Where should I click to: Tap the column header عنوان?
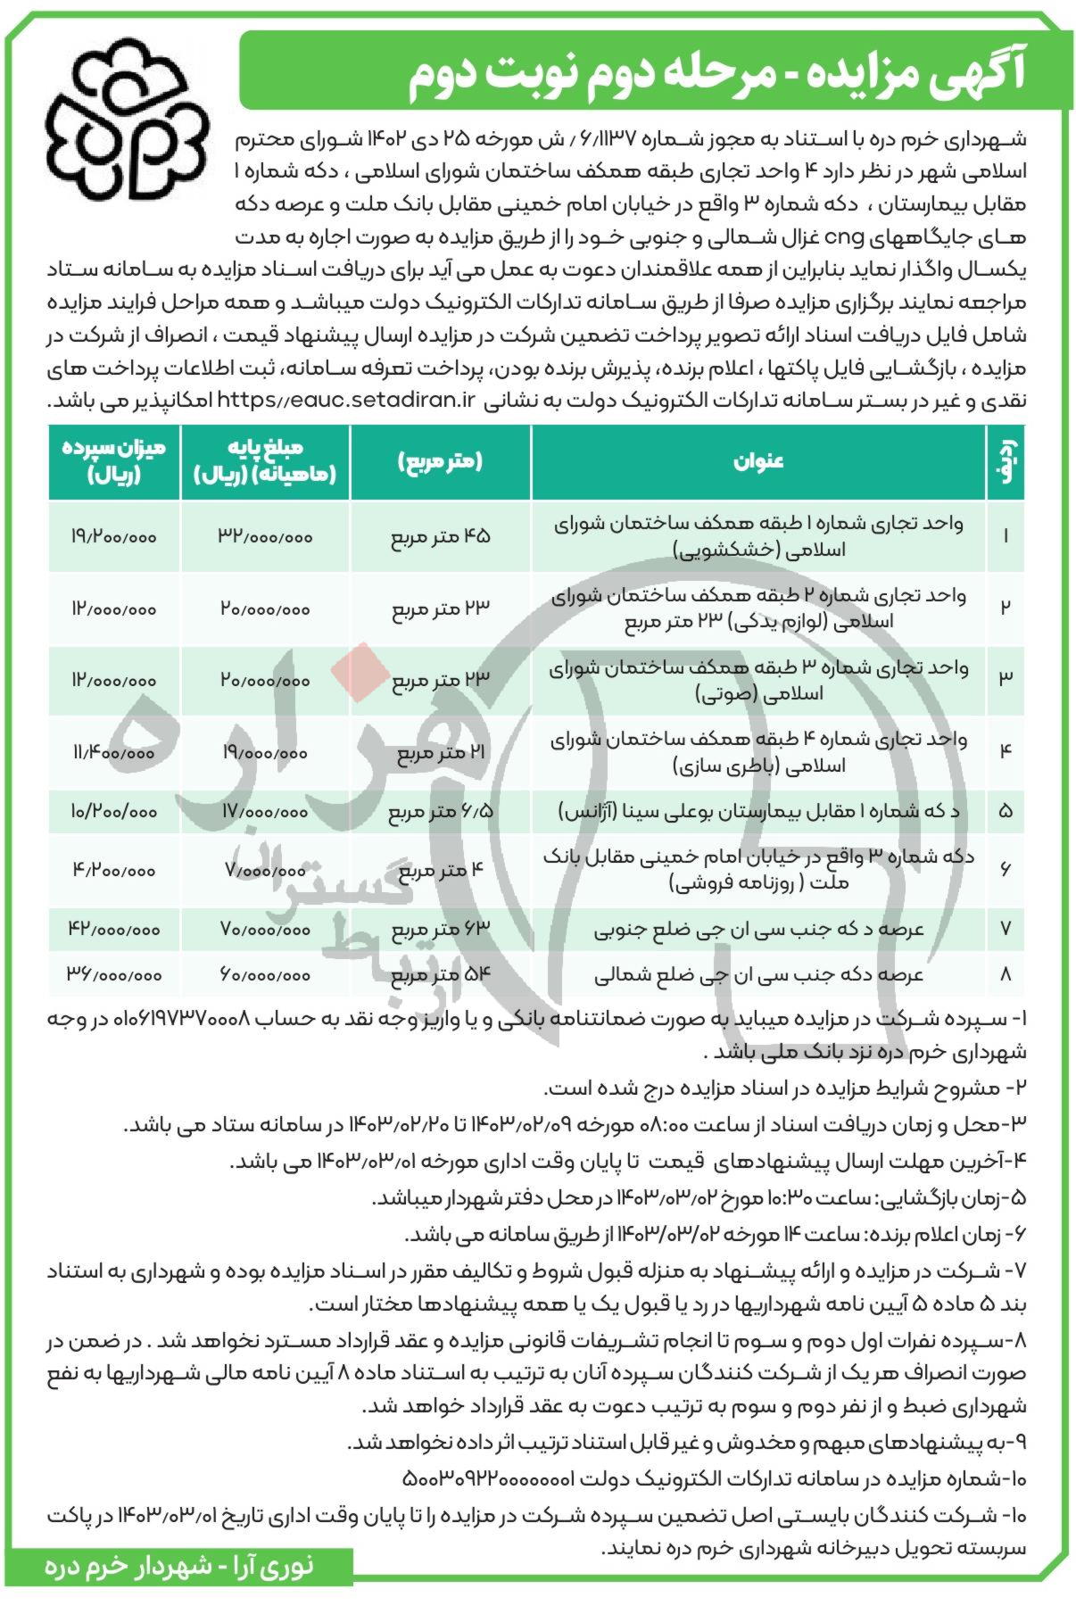[x=757, y=461]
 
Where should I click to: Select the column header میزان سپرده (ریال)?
[x=113, y=461]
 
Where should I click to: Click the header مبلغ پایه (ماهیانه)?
[x=265, y=461]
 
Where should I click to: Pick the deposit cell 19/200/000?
[x=113, y=536]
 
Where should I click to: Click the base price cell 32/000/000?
[x=265, y=536]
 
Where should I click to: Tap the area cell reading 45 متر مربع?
[x=441, y=536]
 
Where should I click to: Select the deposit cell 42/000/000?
[x=113, y=929]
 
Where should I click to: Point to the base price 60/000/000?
[x=265, y=975]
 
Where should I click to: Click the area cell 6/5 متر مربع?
[x=441, y=812]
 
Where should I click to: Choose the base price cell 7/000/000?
[x=265, y=870]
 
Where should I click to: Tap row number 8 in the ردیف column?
[x=1006, y=975]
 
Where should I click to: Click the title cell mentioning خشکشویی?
[x=757, y=536]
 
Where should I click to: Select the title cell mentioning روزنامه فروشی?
[x=757, y=870]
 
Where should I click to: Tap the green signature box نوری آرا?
[x=178, y=1591]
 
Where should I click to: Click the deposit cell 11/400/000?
[x=113, y=753]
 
